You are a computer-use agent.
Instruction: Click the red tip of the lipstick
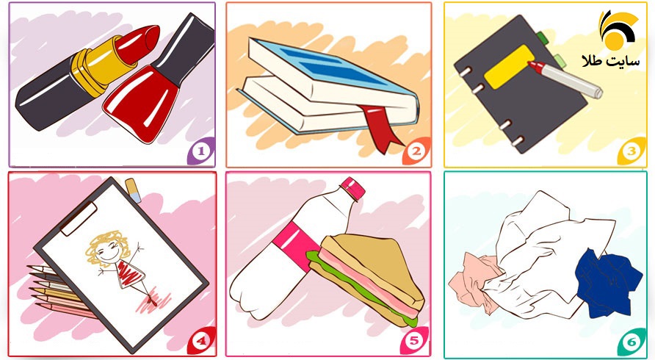(x=140, y=43)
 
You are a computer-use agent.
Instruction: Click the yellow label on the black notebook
(x=510, y=67)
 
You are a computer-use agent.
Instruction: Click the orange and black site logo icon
(x=618, y=30)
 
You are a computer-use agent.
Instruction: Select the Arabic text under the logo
(x=611, y=62)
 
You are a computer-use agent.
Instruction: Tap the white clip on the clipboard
(x=79, y=218)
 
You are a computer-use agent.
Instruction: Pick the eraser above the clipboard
(x=133, y=190)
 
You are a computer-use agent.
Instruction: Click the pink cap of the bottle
(x=353, y=189)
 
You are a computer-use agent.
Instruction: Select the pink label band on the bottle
(x=296, y=248)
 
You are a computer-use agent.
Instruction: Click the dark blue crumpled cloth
(x=608, y=283)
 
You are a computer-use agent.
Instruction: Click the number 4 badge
(x=201, y=341)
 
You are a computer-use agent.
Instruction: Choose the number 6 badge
(x=632, y=342)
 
